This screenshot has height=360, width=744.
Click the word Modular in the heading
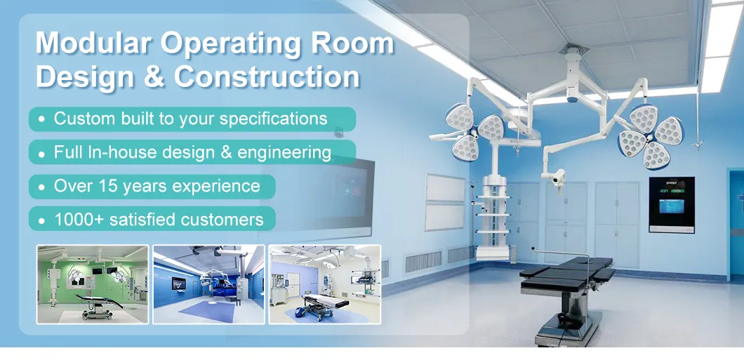click(x=93, y=44)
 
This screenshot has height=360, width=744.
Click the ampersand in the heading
click(x=156, y=76)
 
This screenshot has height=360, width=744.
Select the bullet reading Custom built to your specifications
click(x=191, y=119)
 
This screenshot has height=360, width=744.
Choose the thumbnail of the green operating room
click(x=93, y=284)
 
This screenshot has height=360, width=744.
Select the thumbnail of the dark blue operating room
click(x=208, y=284)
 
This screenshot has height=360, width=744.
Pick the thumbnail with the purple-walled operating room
click(x=324, y=284)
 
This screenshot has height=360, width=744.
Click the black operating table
click(x=567, y=270)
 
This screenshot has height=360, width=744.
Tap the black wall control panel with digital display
click(x=671, y=204)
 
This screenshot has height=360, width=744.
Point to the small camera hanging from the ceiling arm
click(x=559, y=178)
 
